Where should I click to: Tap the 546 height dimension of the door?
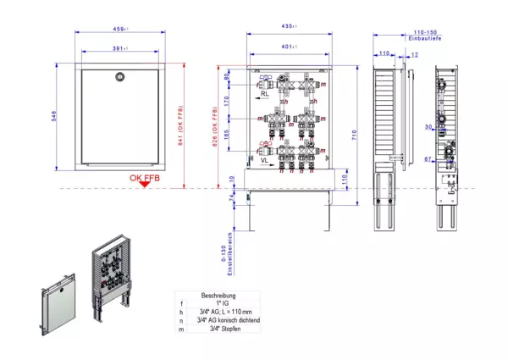click(54, 121)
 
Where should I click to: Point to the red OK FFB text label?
click(145, 177)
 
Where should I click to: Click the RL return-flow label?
click(266, 96)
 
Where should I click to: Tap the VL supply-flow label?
click(265, 158)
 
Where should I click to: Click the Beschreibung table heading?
click(218, 296)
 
